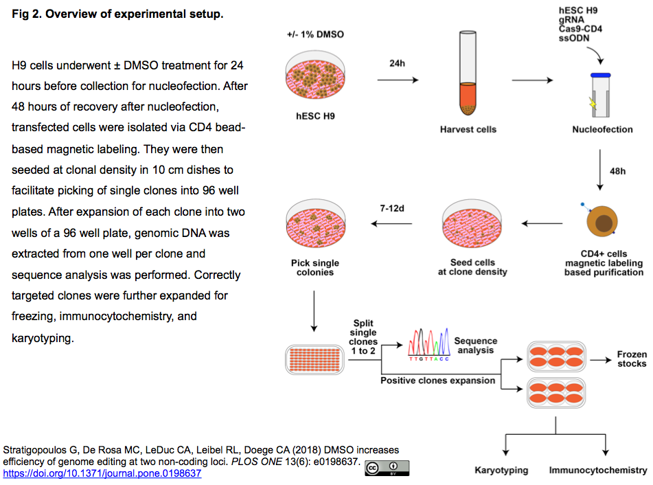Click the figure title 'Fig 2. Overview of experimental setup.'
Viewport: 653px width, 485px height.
pyautogui.click(x=117, y=14)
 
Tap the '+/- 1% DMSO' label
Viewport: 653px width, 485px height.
pyautogui.click(x=315, y=34)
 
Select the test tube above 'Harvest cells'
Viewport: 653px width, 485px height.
pyautogui.click(x=467, y=76)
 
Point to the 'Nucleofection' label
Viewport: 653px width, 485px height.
pyautogui.click(x=602, y=129)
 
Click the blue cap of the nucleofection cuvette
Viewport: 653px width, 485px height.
pyautogui.click(x=601, y=75)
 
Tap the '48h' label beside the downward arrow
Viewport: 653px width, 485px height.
pyautogui.click(x=617, y=170)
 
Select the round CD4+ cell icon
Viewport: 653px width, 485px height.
pyautogui.click(x=602, y=223)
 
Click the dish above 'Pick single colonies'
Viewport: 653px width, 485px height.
pyautogui.click(x=315, y=225)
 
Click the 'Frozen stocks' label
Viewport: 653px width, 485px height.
pyautogui.click(x=631, y=359)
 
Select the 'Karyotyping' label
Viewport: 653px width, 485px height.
pyautogui.click(x=501, y=471)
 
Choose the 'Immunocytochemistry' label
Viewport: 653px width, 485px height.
pyautogui.click(x=597, y=471)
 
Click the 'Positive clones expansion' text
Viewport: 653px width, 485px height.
pyautogui.click(x=437, y=380)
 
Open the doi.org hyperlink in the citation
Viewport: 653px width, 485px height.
pyautogui.click(x=102, y=473)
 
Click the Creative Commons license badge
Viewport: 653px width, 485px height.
pyautogui.click(x=387, y=468)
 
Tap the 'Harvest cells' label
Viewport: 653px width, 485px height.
pyautogui.click(x=468, y=129)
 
